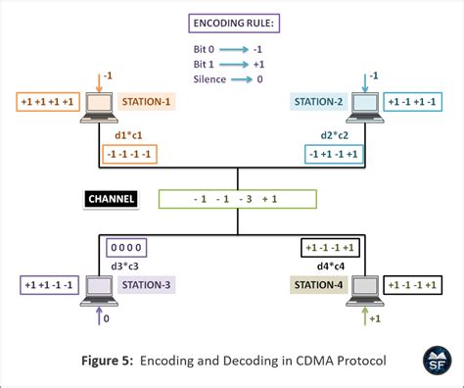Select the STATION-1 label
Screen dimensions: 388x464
147,102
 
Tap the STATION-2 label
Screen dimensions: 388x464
319,102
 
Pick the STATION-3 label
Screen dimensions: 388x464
148,285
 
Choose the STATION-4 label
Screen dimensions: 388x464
319,285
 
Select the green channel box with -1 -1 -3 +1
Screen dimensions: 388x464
236,200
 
